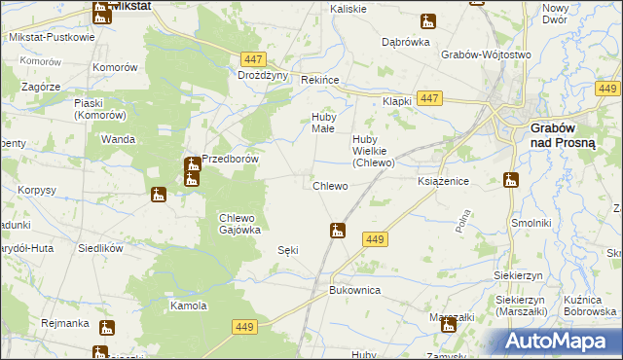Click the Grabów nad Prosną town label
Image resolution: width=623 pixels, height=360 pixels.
(x=568, y=135)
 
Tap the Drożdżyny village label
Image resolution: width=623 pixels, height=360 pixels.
(x=263, y=75)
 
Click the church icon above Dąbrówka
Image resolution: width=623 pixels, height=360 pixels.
(x=427, y=21)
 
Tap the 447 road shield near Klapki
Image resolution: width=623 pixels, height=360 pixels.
(x=429, y=98)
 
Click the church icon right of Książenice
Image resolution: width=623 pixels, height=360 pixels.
(x=510, y=180)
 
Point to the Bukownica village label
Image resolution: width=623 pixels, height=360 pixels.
(x=353, y=290)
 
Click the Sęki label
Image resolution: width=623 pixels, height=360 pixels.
(x=287, y=250)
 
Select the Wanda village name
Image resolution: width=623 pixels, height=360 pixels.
(x=118, y=139)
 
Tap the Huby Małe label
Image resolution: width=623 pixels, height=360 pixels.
(x=322, y=122)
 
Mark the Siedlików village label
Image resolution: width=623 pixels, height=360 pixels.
(x=100, y=248)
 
